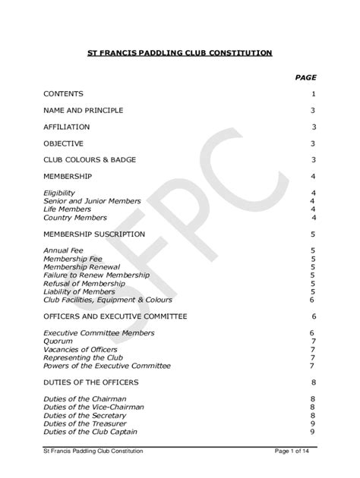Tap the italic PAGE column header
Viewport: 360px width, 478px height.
pos(305,77)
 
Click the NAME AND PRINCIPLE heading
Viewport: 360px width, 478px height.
pos(83,110)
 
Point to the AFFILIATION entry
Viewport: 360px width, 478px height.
pos(66,127)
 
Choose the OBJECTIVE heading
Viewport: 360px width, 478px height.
pos(63,143)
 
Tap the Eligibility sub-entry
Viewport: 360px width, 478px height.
pos(59,193)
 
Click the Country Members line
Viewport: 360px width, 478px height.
pos(75,217)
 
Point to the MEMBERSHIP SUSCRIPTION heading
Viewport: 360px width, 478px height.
pos(93,234)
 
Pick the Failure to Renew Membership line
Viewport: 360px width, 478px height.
pos(92,275)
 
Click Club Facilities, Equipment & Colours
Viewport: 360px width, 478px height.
pos(107,299)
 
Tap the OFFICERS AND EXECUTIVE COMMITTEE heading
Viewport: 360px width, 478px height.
pos(115,316)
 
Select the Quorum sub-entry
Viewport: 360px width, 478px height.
pos(58,341)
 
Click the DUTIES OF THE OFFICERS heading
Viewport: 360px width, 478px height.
pos(91,382)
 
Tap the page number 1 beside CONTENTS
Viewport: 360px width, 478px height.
pos(313,94)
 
